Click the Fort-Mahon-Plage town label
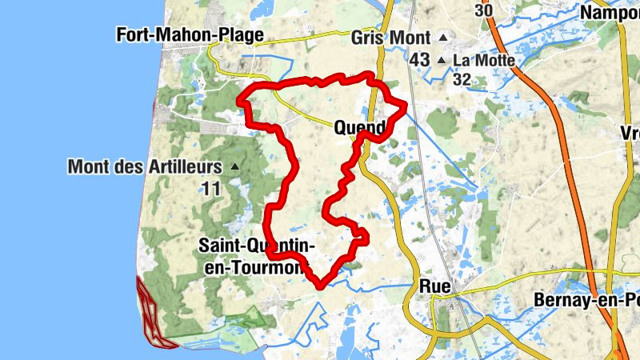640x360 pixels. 190,35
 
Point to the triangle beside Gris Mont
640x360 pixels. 442,38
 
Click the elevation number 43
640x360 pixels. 419,60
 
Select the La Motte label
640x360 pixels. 483,60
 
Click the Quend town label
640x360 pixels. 360,126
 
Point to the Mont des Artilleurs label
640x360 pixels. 144,167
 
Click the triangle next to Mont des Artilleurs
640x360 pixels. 234,167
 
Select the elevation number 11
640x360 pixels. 210,189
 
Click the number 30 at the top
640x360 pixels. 482,10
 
